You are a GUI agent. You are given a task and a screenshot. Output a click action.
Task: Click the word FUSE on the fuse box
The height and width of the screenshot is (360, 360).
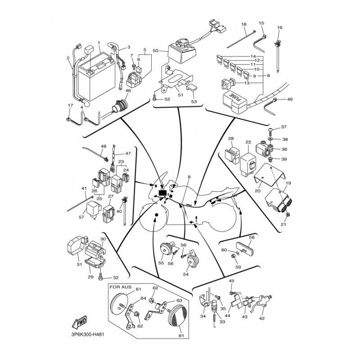(x=237, y=97)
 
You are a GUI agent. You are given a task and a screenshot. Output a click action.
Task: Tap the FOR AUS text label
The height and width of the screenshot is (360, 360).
(x=121, y=287)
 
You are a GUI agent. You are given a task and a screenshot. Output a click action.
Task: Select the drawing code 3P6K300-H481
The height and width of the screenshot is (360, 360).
(x=88, y=334)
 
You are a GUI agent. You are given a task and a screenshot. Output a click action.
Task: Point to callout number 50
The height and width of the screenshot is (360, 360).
(x=155, y=50)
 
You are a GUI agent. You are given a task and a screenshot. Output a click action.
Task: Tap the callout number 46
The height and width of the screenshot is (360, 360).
(x=128, y=91)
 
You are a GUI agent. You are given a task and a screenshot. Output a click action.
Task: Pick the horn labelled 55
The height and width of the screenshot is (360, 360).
(x=165, y=249)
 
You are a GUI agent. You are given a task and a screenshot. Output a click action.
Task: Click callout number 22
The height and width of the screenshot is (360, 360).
(x=248, y=142)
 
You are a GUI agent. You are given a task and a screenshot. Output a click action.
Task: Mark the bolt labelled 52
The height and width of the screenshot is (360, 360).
(x=154, y=99)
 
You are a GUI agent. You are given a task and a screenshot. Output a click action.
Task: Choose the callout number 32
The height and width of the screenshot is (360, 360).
(x=116, y=278)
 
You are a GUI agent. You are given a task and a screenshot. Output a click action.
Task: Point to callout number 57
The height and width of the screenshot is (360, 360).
(x=81, y=217)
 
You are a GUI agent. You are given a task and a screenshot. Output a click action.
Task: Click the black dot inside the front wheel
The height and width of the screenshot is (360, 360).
(x=157, y=215)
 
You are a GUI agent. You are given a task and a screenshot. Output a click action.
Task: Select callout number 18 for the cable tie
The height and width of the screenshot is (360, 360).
(x=244, y=24)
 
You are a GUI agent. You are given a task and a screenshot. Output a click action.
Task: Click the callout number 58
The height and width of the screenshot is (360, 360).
(x=252, y=237)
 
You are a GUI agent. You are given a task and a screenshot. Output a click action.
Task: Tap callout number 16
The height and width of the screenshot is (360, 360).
(x=279, y=27)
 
